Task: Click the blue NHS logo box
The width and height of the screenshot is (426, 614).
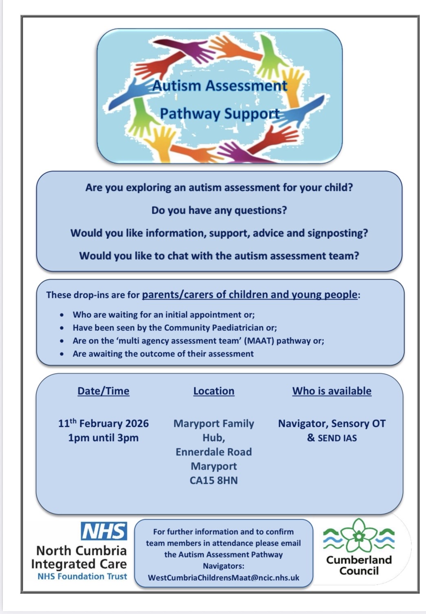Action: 104,531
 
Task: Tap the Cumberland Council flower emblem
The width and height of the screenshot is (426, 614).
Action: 359,536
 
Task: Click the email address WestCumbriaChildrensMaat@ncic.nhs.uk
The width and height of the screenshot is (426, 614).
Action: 224,577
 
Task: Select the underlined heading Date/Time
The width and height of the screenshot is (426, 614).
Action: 103,391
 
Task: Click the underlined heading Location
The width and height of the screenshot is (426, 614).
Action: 214,391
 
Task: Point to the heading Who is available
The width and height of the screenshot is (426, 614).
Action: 332,391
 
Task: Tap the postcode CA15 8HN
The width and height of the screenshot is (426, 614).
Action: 213,480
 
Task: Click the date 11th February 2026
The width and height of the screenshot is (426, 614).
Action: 103,423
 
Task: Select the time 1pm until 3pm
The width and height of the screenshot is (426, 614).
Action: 103,438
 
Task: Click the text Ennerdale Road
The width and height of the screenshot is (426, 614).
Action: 213,452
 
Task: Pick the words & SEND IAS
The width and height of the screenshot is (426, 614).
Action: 332,438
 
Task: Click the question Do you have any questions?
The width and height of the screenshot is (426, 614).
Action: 219,210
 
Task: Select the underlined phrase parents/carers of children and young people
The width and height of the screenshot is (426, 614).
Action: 250,295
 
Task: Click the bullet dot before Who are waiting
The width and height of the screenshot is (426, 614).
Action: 61,315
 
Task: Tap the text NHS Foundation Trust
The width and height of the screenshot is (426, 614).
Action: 82,576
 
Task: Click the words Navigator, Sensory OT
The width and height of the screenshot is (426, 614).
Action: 332,423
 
